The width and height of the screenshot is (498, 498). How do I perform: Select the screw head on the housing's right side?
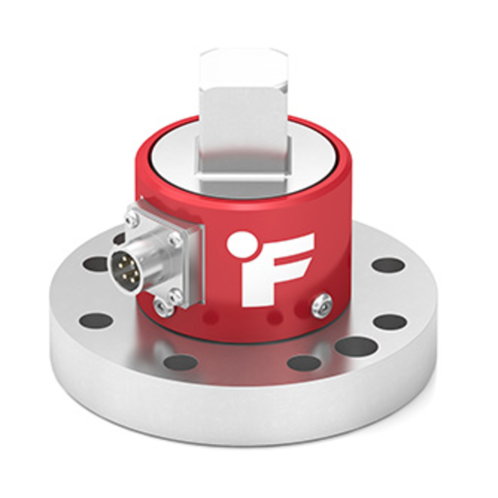point(322,305)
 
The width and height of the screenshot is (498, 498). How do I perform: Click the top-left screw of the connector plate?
point(131,218)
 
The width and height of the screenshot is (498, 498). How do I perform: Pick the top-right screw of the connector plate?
point(175,241)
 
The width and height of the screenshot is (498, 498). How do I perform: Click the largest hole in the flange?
point(357,346)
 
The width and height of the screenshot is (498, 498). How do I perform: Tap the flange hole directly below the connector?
point(180,361)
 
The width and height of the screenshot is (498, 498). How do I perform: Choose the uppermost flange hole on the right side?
point(388,264)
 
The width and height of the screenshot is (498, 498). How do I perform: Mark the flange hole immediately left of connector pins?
point(95,264)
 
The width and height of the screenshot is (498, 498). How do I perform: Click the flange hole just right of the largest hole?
point(390,322)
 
